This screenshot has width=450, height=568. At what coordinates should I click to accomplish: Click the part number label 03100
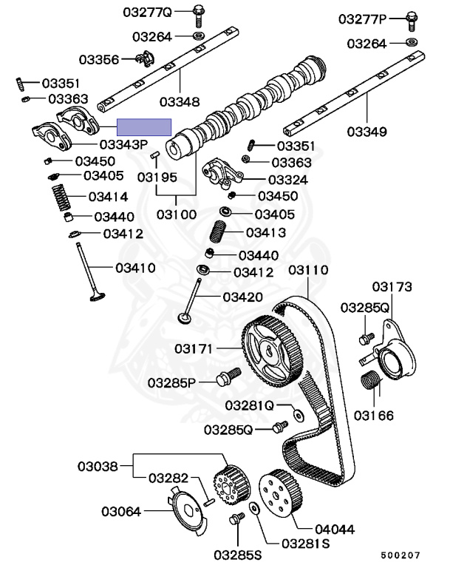click(176, 215)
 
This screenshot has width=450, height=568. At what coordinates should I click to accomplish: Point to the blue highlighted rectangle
click(146, 128)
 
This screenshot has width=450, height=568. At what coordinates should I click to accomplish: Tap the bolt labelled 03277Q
click(200, 13)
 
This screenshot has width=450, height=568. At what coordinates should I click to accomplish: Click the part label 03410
click(134, 267)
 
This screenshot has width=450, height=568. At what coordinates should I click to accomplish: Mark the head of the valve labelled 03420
click(185, 319)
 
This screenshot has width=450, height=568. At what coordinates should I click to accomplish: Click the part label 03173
click(392, 286)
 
